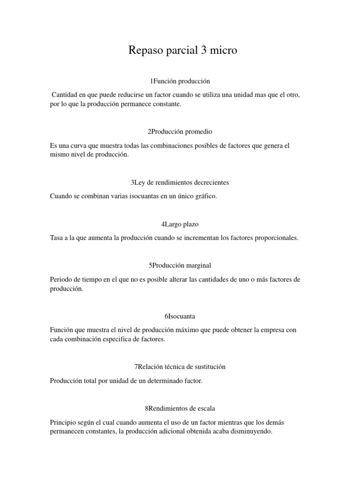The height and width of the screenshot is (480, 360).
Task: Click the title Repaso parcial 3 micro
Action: pos(183,51)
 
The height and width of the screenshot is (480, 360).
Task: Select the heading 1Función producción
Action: pos(180,82)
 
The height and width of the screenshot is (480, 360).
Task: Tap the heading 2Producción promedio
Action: pos(180,132)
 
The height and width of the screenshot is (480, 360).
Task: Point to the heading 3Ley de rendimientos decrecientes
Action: pos(180,182)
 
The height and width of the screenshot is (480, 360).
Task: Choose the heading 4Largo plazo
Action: pos(180,224)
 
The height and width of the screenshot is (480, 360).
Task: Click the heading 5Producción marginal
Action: pos(180,266)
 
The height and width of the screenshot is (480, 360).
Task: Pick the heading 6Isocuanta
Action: pos(180,316)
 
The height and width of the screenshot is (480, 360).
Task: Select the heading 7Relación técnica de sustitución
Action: pos(180,367)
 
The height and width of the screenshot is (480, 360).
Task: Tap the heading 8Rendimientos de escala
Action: pos(180,408)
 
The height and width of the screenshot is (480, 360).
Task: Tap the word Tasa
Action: pos(57,238)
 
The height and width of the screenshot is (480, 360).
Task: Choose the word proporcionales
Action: pos(276,238)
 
